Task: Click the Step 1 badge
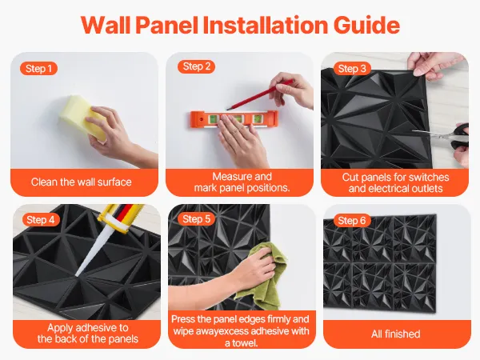click(x=38, y=69)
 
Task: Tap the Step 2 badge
click(x=196, y=66)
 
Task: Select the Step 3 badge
click(x=352, y=69)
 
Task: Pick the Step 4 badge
click(x=41, y=220)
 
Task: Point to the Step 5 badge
click(x=196, y=219)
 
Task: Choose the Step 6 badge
click(x=352, y=221)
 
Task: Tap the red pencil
click(x=259, y=94)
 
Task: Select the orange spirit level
click(x=234, y=119)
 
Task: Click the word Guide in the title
click(x=366, y=25)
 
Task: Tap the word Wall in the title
click(x=106, y=25)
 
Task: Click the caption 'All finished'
click(x=395, y=334)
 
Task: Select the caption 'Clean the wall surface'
click(x=81, y=182)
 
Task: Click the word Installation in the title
click(x=266, y=25)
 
